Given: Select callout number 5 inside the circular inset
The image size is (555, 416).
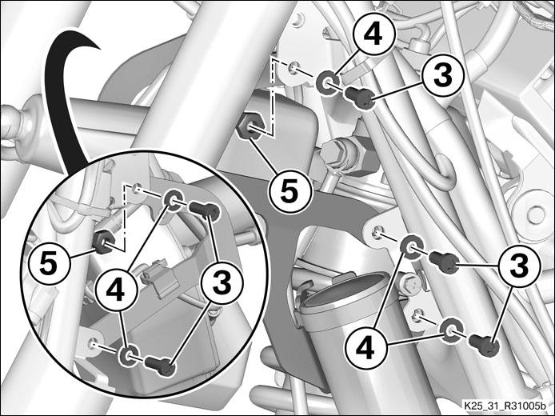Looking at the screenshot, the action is pyautogui.click(x=49, y=264).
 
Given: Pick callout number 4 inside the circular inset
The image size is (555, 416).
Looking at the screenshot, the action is pyautogui.click(x=116, y=290).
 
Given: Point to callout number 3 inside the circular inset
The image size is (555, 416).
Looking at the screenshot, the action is pyautogui.click(x=222, y=282).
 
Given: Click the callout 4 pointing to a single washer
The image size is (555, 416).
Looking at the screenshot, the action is pyautogui.click(x=373, y=35).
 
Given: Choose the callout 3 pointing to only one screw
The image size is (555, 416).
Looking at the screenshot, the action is pyautogui.click(x=443, y=76).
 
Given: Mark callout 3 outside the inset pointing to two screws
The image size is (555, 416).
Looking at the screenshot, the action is pyautogui.click(x=519, y=265).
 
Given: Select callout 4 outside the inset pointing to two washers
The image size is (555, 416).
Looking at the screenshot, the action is pyautogui.click(x=365, y=349).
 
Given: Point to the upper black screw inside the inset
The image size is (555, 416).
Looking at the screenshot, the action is pyautogui.click(x=206, y=210).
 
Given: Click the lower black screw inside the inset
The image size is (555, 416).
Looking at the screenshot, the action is pyautogui.click(x=161, y=366).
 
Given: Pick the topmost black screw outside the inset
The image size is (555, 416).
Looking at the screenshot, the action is pyautogui.click(x=360, y=97).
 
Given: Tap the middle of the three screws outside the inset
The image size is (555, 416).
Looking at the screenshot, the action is pyautogui.click(x=444, y=262).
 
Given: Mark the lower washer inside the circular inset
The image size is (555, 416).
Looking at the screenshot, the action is pyautogui.click(x=130, y=354).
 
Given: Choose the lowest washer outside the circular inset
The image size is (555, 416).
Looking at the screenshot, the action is pyautogui.click(x=451, y=330).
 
